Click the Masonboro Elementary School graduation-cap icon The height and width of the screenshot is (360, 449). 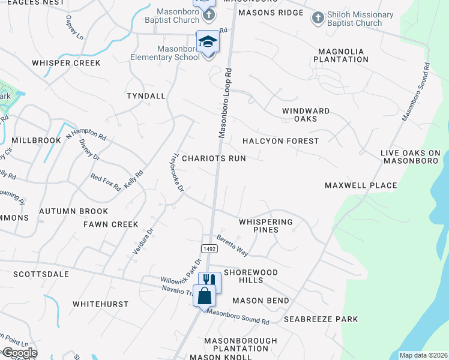click(208, 42)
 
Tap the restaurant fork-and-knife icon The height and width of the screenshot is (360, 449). click(209, 281)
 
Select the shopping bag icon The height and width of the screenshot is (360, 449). click(204, 295)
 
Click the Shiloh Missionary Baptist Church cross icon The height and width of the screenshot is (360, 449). click(318, 17)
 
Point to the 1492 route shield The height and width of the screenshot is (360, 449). click(205, 248)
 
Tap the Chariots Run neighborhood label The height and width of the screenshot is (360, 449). click(214, 158)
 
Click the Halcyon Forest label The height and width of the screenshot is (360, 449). click(280, 141)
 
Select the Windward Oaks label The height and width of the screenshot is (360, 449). click(306, 115)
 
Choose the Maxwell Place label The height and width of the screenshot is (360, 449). click(361, 185)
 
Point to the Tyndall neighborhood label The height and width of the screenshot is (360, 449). click(146, 96)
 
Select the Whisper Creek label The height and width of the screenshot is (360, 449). click(66, 63)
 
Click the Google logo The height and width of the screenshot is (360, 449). click(19, 353)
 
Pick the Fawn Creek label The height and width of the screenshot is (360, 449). click(110, 224)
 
